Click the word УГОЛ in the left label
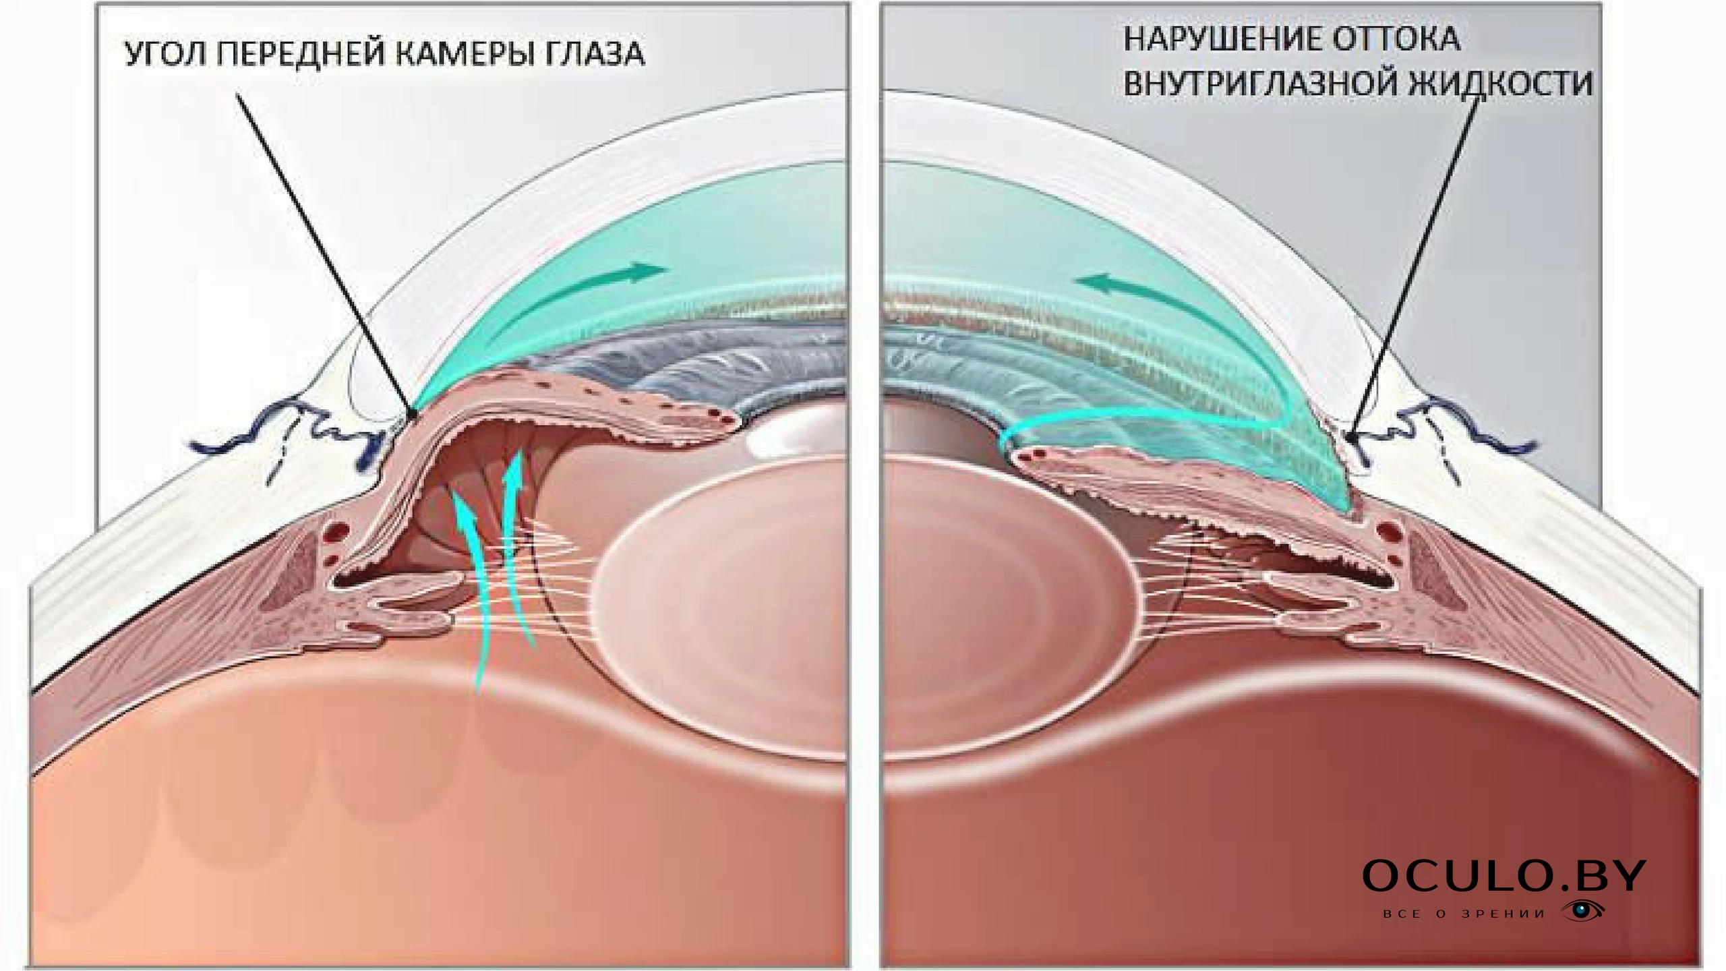165,54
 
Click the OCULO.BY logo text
1504,876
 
